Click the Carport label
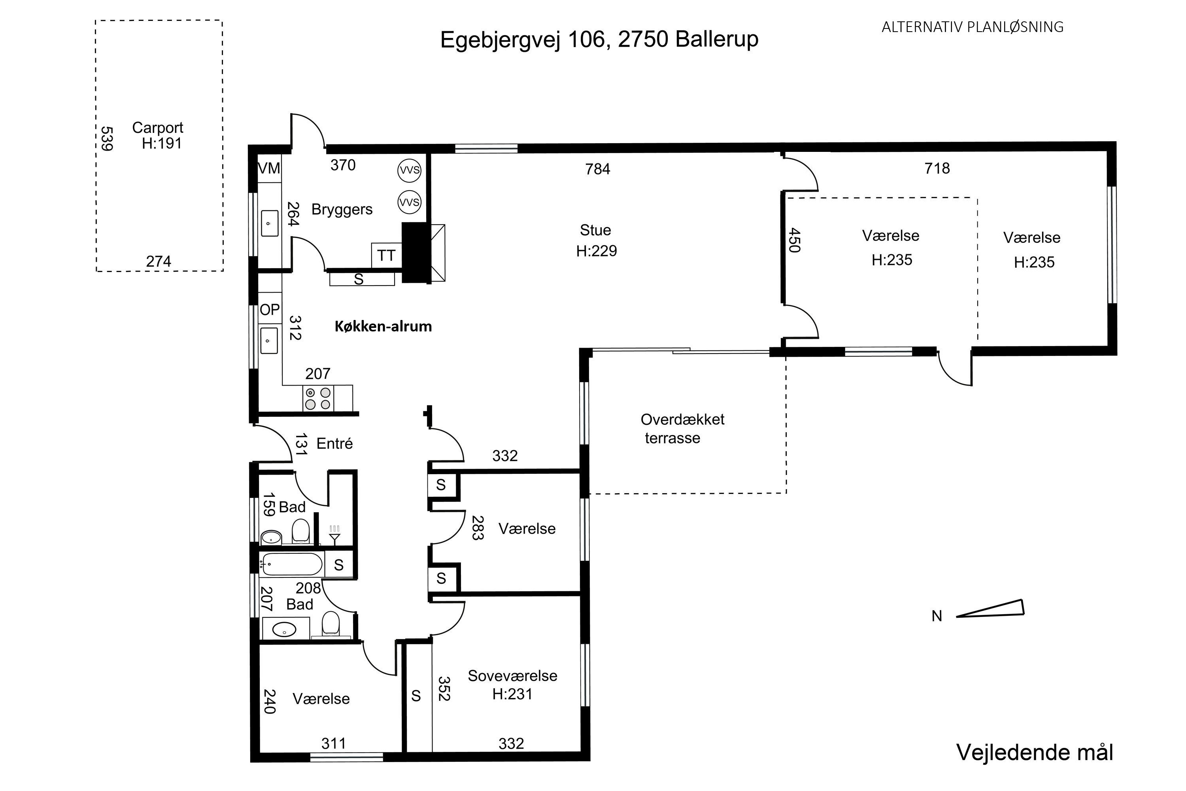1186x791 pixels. click(158, 128)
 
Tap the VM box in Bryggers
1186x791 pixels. click(269, 168)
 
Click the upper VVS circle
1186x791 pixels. click(409, 170)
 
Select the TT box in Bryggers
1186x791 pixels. click(386, 256)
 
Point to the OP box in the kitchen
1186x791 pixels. click(269, 309)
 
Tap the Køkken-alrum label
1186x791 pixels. click(383, 326)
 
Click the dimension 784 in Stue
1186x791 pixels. click(597, 169)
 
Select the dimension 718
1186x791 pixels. click(937, 168)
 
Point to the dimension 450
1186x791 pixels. click(794, 240)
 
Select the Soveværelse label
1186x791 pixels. click(512, 676)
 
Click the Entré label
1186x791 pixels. click(334, 443)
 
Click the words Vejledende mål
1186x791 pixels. click(1034, 752)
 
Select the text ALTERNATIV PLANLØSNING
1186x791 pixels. click(972, 27)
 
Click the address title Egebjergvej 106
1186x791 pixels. click(599, 39)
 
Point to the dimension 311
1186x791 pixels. click(334, 743)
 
